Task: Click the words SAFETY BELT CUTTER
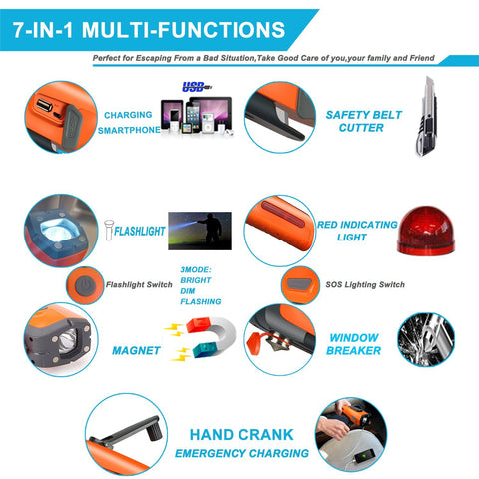pos(363,121)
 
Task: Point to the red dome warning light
pos(430,232)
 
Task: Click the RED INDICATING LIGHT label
pos(356,231)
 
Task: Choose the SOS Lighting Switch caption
pos(365,285)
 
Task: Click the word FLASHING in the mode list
pos(201,301)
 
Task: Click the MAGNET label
pos(137,350)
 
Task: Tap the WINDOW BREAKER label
pos(354,344)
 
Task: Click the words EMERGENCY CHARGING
pos(241,454)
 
